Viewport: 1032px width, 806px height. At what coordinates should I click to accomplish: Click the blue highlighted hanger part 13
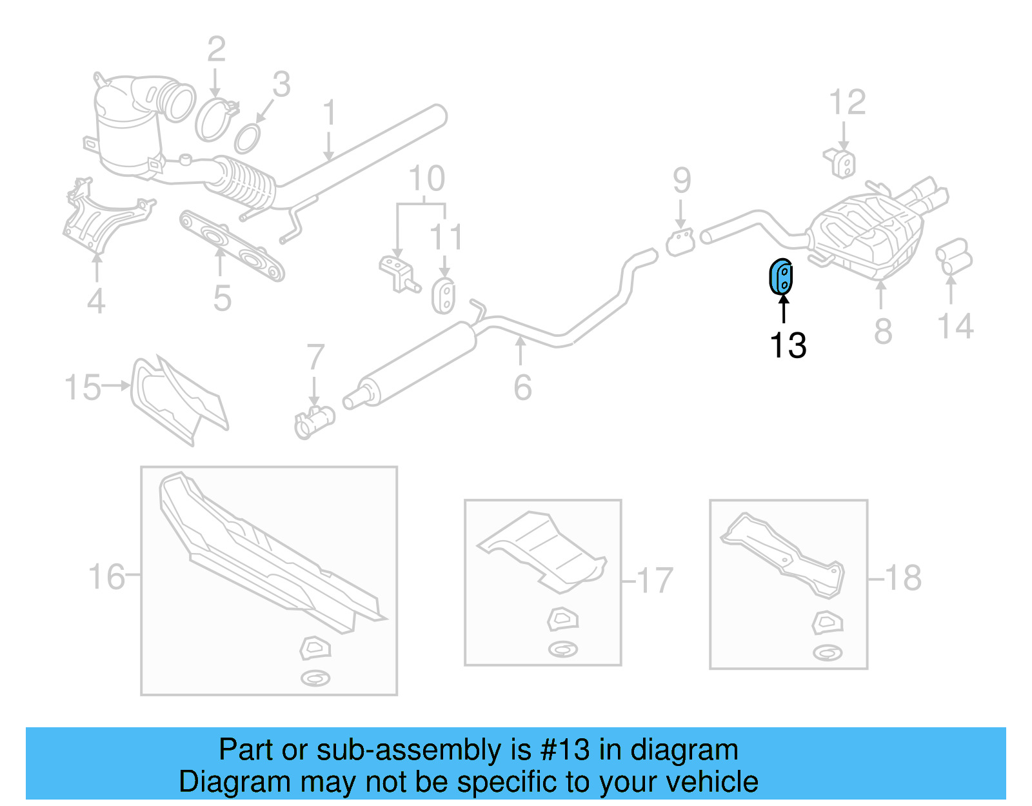[781, 277]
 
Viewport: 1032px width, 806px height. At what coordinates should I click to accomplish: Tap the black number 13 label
[788, 345]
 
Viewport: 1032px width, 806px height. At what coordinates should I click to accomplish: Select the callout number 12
[847, 103]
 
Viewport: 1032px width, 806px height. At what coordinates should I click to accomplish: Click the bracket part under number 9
[680, 243]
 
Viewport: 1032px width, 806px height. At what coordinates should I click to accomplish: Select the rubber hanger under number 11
[443, 296]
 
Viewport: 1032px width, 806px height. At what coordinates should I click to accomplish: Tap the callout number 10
[426, 179]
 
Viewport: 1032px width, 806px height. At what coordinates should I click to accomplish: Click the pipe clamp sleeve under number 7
[313, 422]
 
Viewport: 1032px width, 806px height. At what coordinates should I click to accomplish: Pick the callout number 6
[522, 388]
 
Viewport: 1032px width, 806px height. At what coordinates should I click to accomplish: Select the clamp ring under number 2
[215, 120]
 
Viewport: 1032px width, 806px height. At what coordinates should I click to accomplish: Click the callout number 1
[329, 113]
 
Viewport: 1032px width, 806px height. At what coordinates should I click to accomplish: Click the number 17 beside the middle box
[655, 580]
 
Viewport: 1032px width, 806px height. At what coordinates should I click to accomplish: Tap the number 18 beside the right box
[903, 578]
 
